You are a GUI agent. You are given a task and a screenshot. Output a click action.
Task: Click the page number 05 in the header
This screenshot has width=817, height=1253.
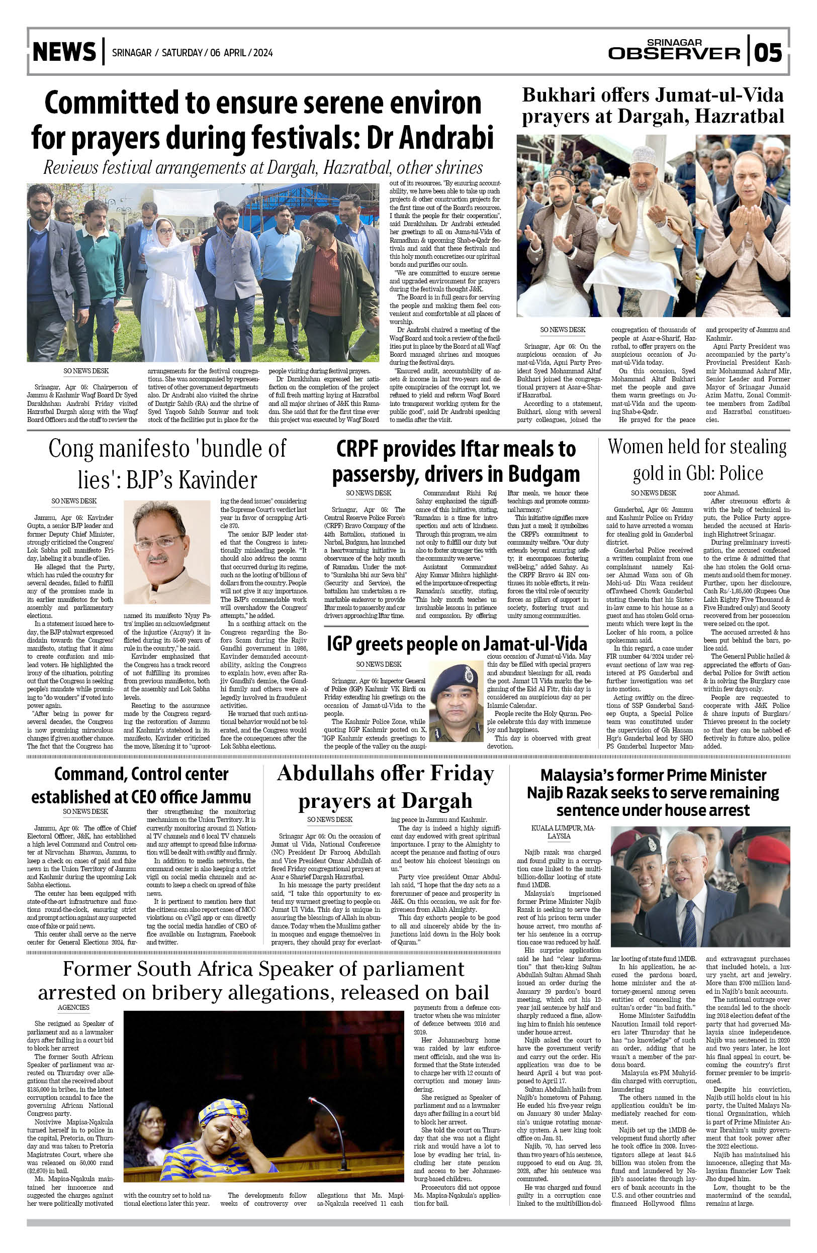pyautogui.click(x=768, y=53)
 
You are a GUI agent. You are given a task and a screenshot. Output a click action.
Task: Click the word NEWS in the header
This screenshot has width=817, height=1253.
pyautogui.click(x=64, y=52)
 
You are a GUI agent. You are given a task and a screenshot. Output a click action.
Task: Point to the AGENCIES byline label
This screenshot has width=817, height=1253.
pyautogui.click(x=74, y=1007)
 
